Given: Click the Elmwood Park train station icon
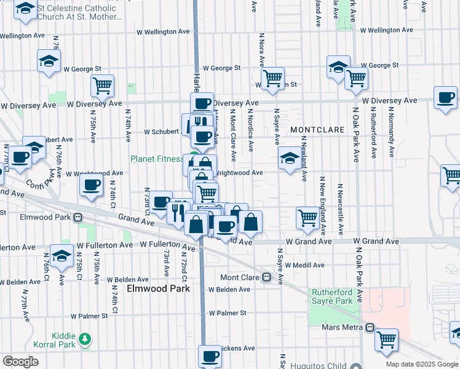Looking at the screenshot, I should [x=78, y=217].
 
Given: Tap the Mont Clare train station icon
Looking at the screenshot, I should [x=267, y=277].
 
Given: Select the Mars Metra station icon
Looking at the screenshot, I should [x=369, y=327].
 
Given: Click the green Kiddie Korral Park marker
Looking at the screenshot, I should [x=85, y=338].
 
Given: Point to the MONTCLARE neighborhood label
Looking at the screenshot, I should [x=315, y=130].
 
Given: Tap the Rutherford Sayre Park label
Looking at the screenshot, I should [x=331, y=296].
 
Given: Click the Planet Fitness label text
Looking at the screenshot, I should [x=156, y=159].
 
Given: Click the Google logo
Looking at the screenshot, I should [x=20, y=362].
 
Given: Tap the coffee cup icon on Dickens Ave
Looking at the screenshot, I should [x=210, y=355].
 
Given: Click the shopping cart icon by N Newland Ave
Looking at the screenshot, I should [x=307, y=217].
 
